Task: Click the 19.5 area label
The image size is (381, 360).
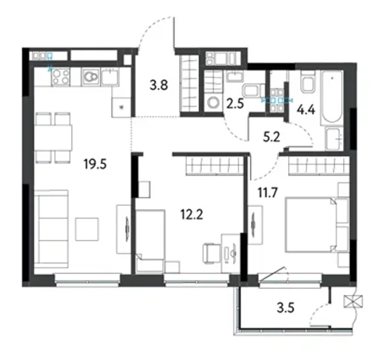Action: point(95,163)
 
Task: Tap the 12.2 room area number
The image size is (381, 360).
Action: point(192,214)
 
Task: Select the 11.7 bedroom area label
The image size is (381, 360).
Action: point(267,193)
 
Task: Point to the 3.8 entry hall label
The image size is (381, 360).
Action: point(159,85)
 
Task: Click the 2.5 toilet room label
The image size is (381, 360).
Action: point(235,104)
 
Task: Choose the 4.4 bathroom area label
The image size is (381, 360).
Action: point(306,110)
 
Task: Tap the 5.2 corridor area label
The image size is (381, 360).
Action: point(271,137)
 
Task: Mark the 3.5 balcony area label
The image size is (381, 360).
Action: point(285,307)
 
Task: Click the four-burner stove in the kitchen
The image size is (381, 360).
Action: point(60,77)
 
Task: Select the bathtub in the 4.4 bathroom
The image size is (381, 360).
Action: point(332,98)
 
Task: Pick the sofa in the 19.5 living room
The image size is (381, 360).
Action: point(51,229)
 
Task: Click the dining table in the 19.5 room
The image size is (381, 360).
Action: point(53,137)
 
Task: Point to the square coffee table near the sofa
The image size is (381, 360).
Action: point(86,229)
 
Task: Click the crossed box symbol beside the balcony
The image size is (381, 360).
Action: point(354,302)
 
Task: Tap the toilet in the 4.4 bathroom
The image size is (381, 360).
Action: point(308,82)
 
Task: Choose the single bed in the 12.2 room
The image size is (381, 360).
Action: point(150,240)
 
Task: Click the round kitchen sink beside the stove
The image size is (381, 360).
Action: point(91,77)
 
